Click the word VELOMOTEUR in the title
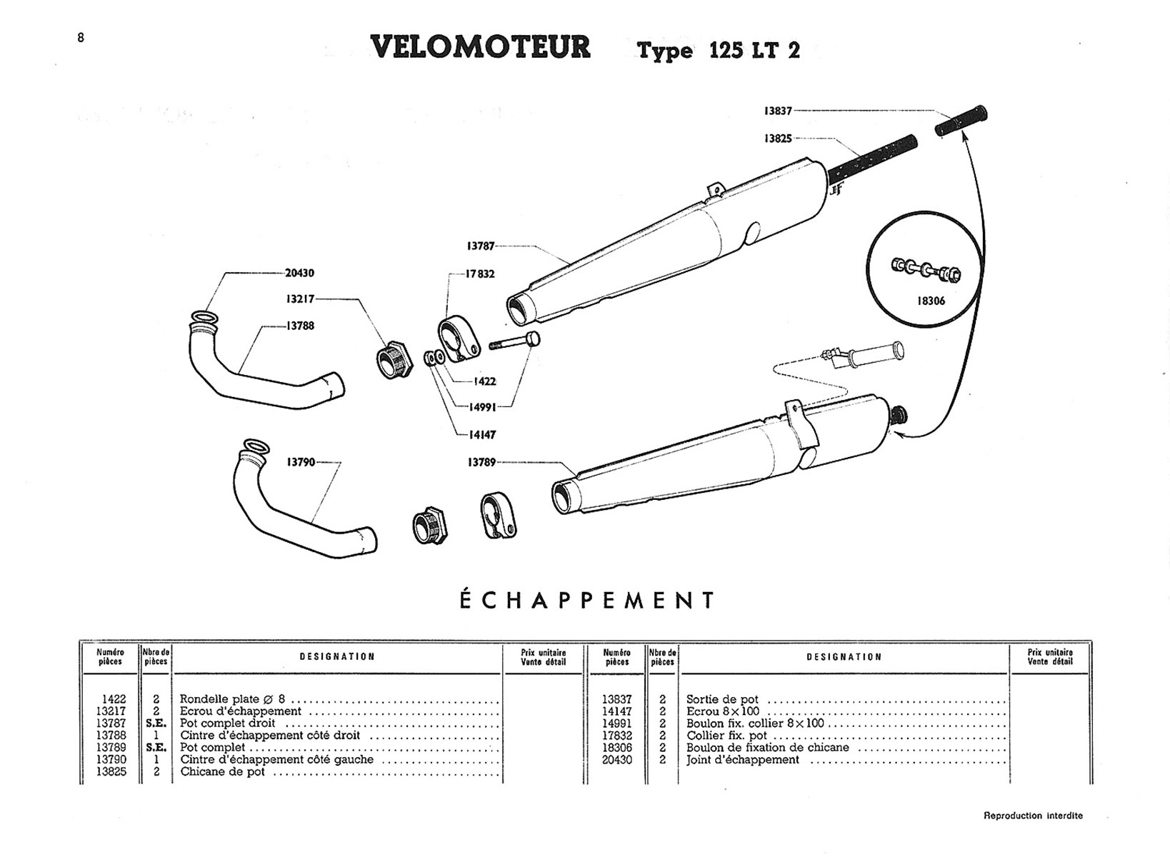(x=481, y=47)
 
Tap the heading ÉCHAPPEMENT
(x=586, y=600)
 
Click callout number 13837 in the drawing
(x=778, y=111)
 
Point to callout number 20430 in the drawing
(x=299, y=273)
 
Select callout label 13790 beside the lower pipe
(x=301, y=462)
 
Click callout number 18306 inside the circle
(x=931, y=301)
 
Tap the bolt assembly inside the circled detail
(x=926, y=270)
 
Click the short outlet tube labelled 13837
(x=961, y=122)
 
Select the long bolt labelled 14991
(x=515, y=342)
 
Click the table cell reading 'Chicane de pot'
(x=222, y=772)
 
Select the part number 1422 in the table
(x=114, y=700)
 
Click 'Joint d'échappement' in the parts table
(x=743, y=760)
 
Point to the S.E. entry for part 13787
(x=156, y=723)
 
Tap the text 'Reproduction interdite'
(x=1033, y=816)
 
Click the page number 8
(x=81, y=38)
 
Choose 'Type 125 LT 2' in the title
(x=719, y=51)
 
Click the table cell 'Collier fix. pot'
(x=726, y=736)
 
